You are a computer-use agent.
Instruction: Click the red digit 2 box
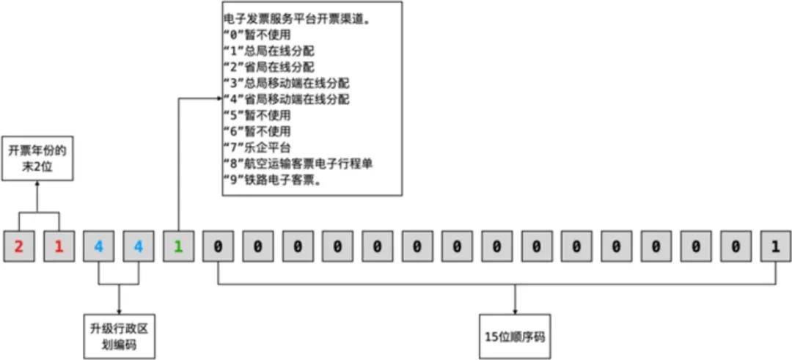tap(19, 246)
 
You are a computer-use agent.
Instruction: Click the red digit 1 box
tap(59, 246)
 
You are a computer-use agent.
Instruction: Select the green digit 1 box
tap(178, 246)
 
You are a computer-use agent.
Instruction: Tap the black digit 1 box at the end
tap(776, 246)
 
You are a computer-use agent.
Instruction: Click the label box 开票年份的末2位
tap(37, 158)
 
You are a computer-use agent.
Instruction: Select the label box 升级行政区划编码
tap(119, 337)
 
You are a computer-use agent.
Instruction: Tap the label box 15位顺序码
tap(515, 337)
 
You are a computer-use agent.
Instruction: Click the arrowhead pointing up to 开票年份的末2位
tap(37, 183)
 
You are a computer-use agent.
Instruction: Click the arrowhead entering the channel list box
tap(219, 98)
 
